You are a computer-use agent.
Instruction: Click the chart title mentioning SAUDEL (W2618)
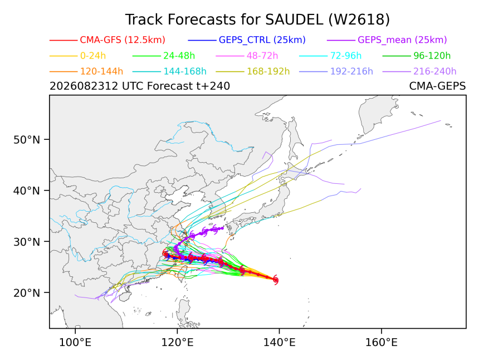(257, 19)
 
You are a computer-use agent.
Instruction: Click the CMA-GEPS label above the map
(437, 86)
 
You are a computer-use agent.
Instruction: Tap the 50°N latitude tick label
(27, 140)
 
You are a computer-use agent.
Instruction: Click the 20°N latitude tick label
(27, 293)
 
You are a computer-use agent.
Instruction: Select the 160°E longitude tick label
(382, 343)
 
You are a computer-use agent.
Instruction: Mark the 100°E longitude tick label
(75, 343)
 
